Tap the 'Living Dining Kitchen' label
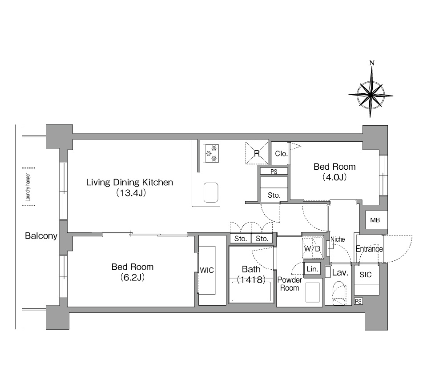(x=129, y=182)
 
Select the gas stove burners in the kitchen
(x=211, y=153)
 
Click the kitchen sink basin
(x=211, y=193)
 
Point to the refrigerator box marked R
(x=257, y=153)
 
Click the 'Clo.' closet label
(x=281, y=154)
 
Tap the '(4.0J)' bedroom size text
(x=334, y=177)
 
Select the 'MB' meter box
(x=375, y=220)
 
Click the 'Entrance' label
(x=369, y=249)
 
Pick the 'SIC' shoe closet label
(x=366, y=275)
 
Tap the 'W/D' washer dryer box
(x=313, y=248)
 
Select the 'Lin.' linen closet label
(x=312, y=269)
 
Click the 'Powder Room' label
(x=290, y=284)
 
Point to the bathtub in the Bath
(x=251, y=292)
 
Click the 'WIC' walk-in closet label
(x=207, y=271)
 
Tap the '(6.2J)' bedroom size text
(x=133, y=278)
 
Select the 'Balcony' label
(x=41, y=235)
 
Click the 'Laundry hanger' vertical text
(x=28, y=187)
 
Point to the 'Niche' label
(x=338, y=239)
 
